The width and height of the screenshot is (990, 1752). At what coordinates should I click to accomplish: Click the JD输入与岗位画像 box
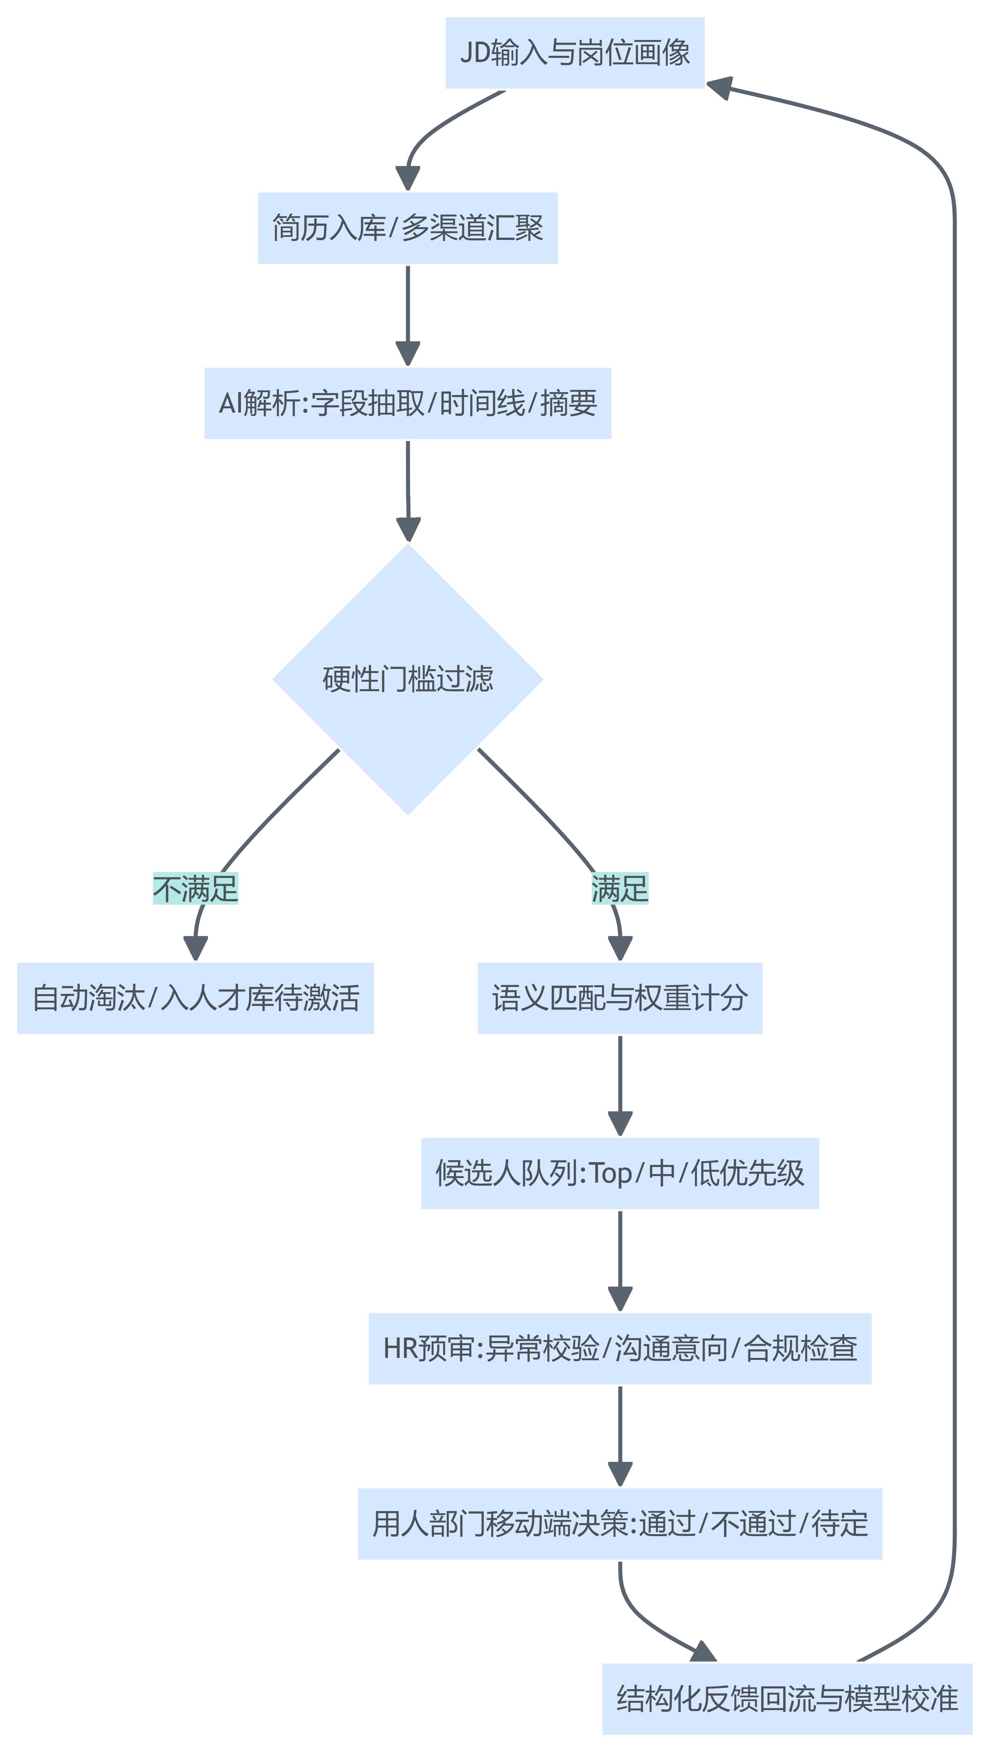[x=575, y=53]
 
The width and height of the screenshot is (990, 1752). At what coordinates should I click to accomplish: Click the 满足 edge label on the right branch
[x=619, y=888]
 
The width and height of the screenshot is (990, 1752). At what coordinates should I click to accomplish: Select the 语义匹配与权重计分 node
[x=619, y=998]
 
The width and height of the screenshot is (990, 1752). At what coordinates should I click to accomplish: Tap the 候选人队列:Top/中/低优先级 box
[x=619, y=1173]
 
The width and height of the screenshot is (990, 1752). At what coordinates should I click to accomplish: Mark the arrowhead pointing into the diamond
[x=408, y=529]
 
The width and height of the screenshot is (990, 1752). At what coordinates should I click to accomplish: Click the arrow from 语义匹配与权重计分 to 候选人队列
[x=619, y=1081]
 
